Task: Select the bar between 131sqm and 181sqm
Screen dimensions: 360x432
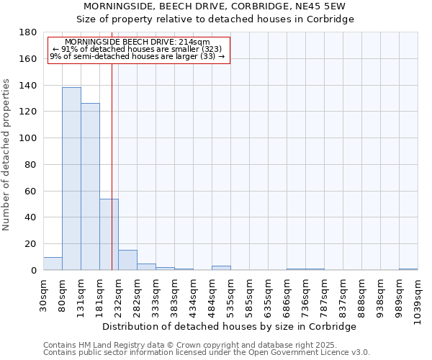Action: coord(90,186)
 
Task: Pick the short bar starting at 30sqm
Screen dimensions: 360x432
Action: coord(53,264)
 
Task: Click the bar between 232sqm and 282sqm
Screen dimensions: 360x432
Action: coord(127,260)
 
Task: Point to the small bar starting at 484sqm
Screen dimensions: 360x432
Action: coord(221,268)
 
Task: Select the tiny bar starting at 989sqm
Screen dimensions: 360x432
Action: coord(408,269)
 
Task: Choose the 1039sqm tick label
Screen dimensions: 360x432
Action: coord(418,300)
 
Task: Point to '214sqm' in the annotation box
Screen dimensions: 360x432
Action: coord(194,42)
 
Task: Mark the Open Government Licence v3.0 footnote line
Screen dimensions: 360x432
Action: coord(207,352)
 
